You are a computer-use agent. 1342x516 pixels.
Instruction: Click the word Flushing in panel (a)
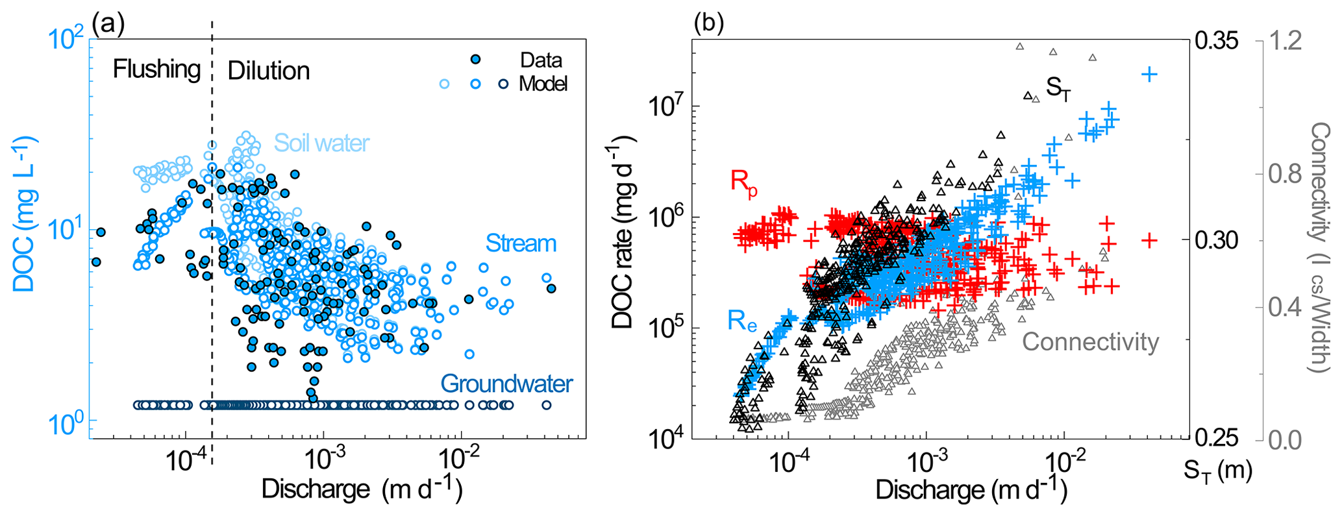pyautogui.click(x=156, y=69)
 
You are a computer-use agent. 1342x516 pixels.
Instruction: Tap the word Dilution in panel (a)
pyautogui.click(x=269, y=71)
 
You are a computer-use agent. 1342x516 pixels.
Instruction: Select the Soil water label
pyautogui.click(x=321, y=143)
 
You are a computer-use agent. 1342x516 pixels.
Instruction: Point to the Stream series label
pyautogui.click(x=521, y=243)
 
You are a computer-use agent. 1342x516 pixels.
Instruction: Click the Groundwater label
pyautogui.click(x=506, y=384)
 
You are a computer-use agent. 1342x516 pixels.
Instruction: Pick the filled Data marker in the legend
pyautogui.click(x=476, y=60)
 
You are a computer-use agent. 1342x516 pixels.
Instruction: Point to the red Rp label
pyautogui.click(x=744, y=181)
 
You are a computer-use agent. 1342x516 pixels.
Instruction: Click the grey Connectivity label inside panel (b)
pyautogui.click(x=1090, y=341)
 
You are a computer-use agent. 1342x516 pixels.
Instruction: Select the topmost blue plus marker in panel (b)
pyautogui.click(x=1149, y=74)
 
